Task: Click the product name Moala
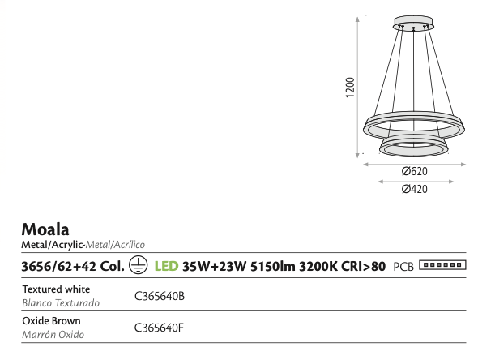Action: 45,229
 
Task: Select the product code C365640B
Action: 160,296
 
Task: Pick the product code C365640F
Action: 159,328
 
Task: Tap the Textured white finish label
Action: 57,289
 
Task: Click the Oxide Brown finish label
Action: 52,320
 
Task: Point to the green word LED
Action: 166,266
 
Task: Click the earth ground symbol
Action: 138,265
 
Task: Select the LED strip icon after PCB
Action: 442,265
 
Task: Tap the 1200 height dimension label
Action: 350,88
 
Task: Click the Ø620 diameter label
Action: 415,171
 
